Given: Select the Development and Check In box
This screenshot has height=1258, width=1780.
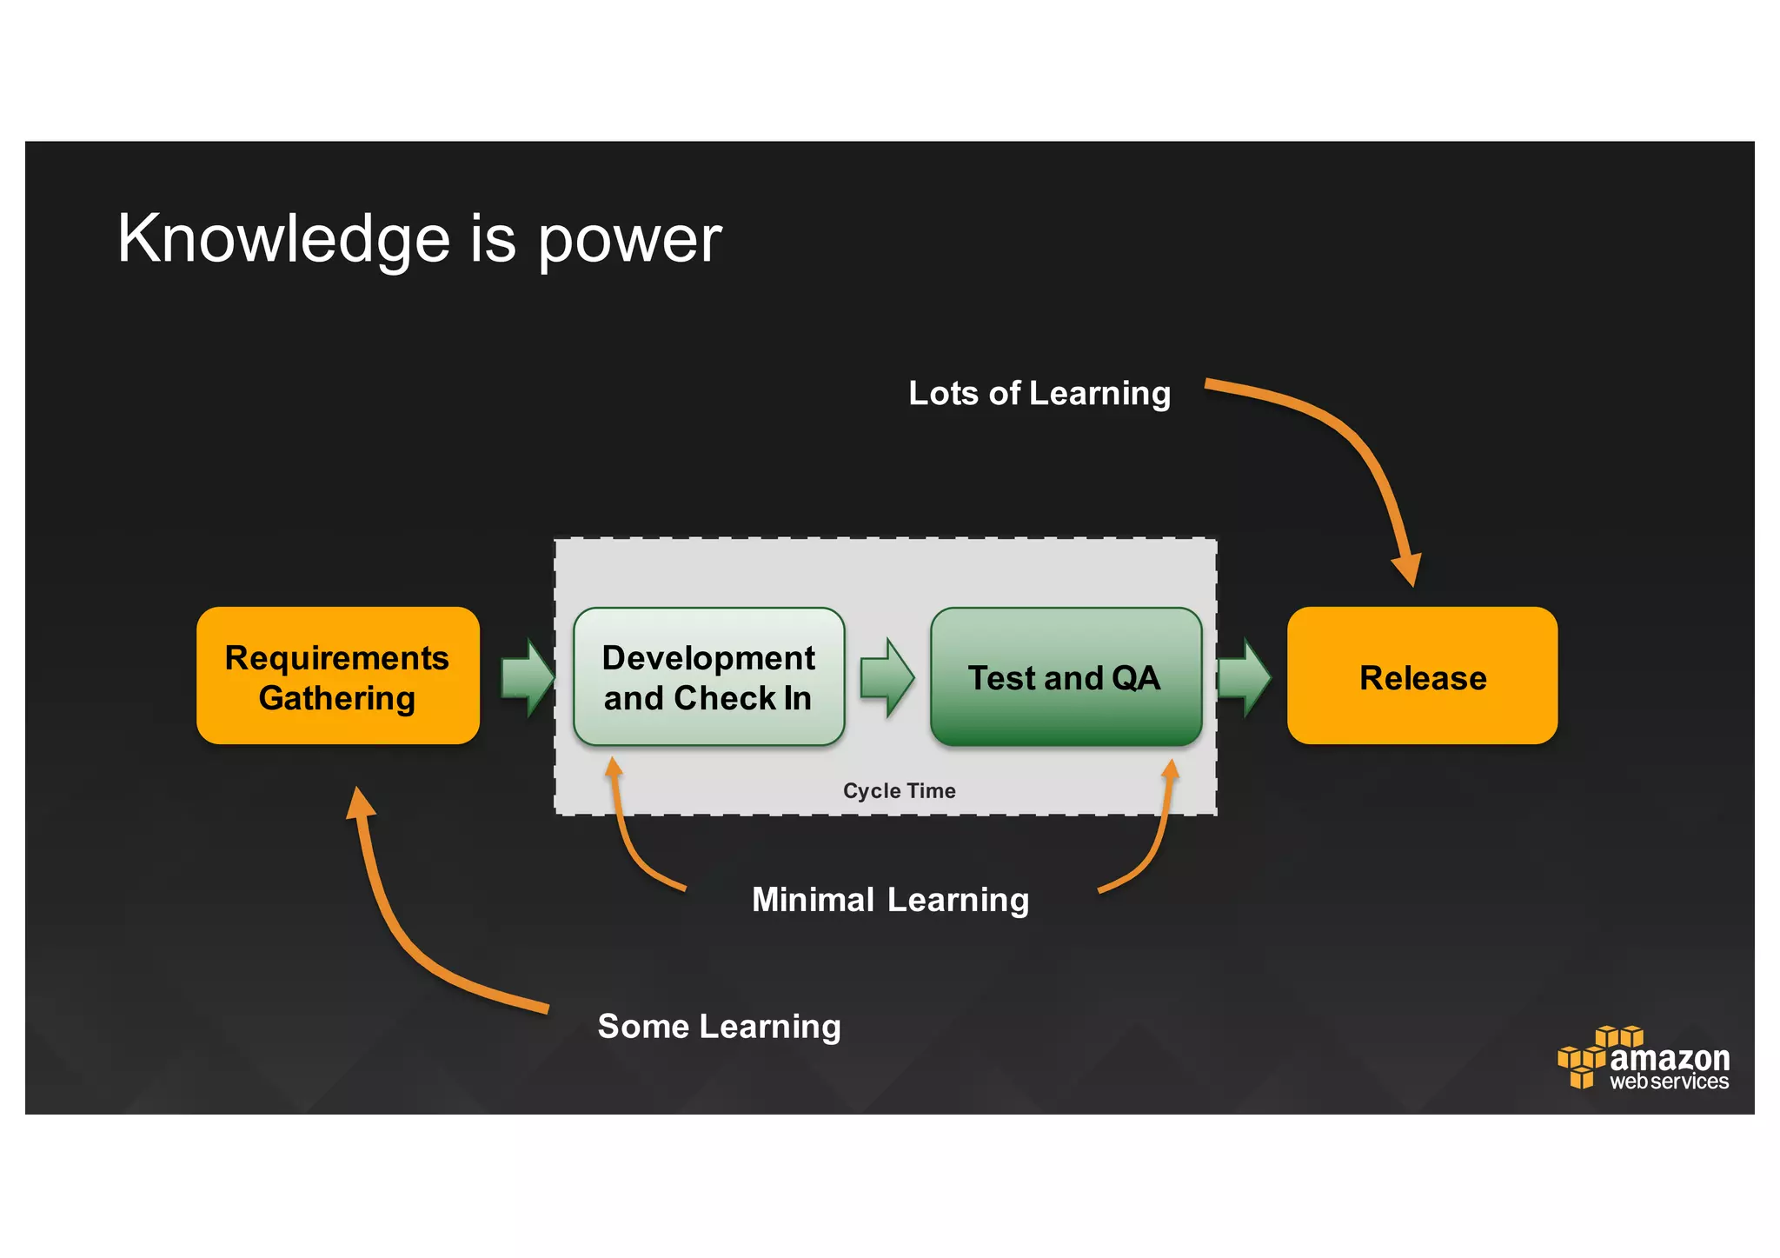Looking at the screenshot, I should coord(708,676).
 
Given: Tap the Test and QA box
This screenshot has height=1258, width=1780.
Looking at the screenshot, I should coord(1066,676).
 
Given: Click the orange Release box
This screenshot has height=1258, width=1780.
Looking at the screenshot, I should coord(1422,676).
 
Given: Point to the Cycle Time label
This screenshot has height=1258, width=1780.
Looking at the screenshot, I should coord(899,790).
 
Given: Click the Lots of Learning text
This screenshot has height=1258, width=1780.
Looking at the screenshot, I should coord(1039,393).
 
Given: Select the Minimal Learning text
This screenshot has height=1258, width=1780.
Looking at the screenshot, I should coord(890,899).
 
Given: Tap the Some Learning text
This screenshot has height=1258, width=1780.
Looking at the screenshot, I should coord(719,1026).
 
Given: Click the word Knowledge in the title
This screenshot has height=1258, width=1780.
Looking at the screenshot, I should coord(283,239).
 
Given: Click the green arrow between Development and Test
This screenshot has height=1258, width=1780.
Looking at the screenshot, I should coord(887,677).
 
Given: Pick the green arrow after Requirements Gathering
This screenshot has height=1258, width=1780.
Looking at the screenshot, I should coord(528,677).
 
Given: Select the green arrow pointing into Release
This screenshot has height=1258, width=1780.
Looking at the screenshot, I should coord(1245,677).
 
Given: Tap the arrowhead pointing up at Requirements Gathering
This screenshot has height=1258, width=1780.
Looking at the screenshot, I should coord(359,802).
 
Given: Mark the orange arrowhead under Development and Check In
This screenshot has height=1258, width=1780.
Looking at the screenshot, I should coord(613,768).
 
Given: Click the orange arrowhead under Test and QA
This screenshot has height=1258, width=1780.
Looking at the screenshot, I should coord(1171,770).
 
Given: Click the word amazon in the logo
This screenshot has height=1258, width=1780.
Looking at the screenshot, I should coord(1669,1058).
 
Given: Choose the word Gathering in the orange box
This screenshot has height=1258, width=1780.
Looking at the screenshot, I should coord(337,698).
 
